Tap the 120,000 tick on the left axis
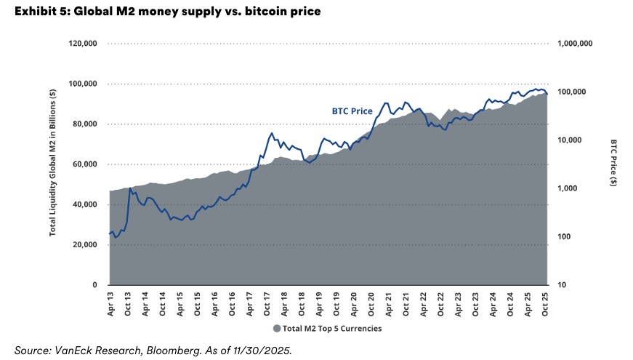coord(83,44)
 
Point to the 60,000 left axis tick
coord(85,164)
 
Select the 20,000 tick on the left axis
coord(85,245)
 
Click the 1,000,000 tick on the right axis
coord(576,44)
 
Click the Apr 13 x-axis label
coord(110,303)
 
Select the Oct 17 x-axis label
coord(267,303)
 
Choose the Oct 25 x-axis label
coord(546,303)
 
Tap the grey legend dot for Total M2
coord(277,328)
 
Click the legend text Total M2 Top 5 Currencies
coord(331,328)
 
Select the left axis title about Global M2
coord(53,164)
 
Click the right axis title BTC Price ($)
coord(613,164)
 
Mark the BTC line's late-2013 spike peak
coord(131,188)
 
